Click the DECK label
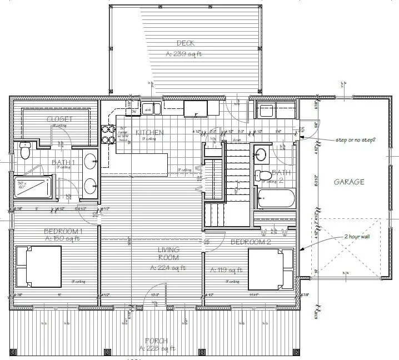pyautogui.click(x=184, y=43)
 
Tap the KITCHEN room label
pyautogui.click(x=148, y=132)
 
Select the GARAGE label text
pyautogui.click(x=349, y=182)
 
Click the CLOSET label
pyautogui.click(x=56, y=119)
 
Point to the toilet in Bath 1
pyautogui.click(x=24, y=151)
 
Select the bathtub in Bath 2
pyautogui.click(x=276, y=198)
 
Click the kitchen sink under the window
pyautogui.click(x=151, y=109)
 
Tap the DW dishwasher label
pyautogui.click(x=133, y=112)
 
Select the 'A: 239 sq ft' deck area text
pyautogui.click(x=184, y=54)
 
